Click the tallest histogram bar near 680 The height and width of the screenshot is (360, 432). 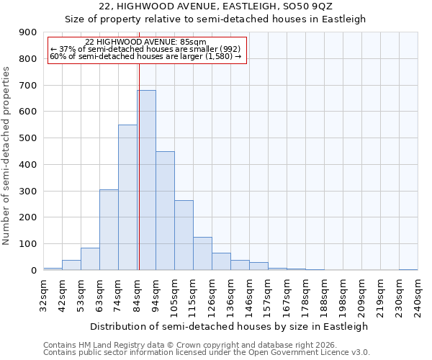click(146, 180)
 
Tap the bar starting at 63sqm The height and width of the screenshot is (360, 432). click(109, 230)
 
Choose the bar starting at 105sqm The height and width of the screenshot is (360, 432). click(184, 235)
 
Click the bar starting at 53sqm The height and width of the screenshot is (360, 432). click(90, 259)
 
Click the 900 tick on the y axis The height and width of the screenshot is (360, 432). click(28, 32)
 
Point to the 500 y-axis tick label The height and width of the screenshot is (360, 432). click(28, 138)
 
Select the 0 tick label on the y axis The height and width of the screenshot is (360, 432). click(33, 271)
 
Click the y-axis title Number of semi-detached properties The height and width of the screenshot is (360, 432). click(7, 156)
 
